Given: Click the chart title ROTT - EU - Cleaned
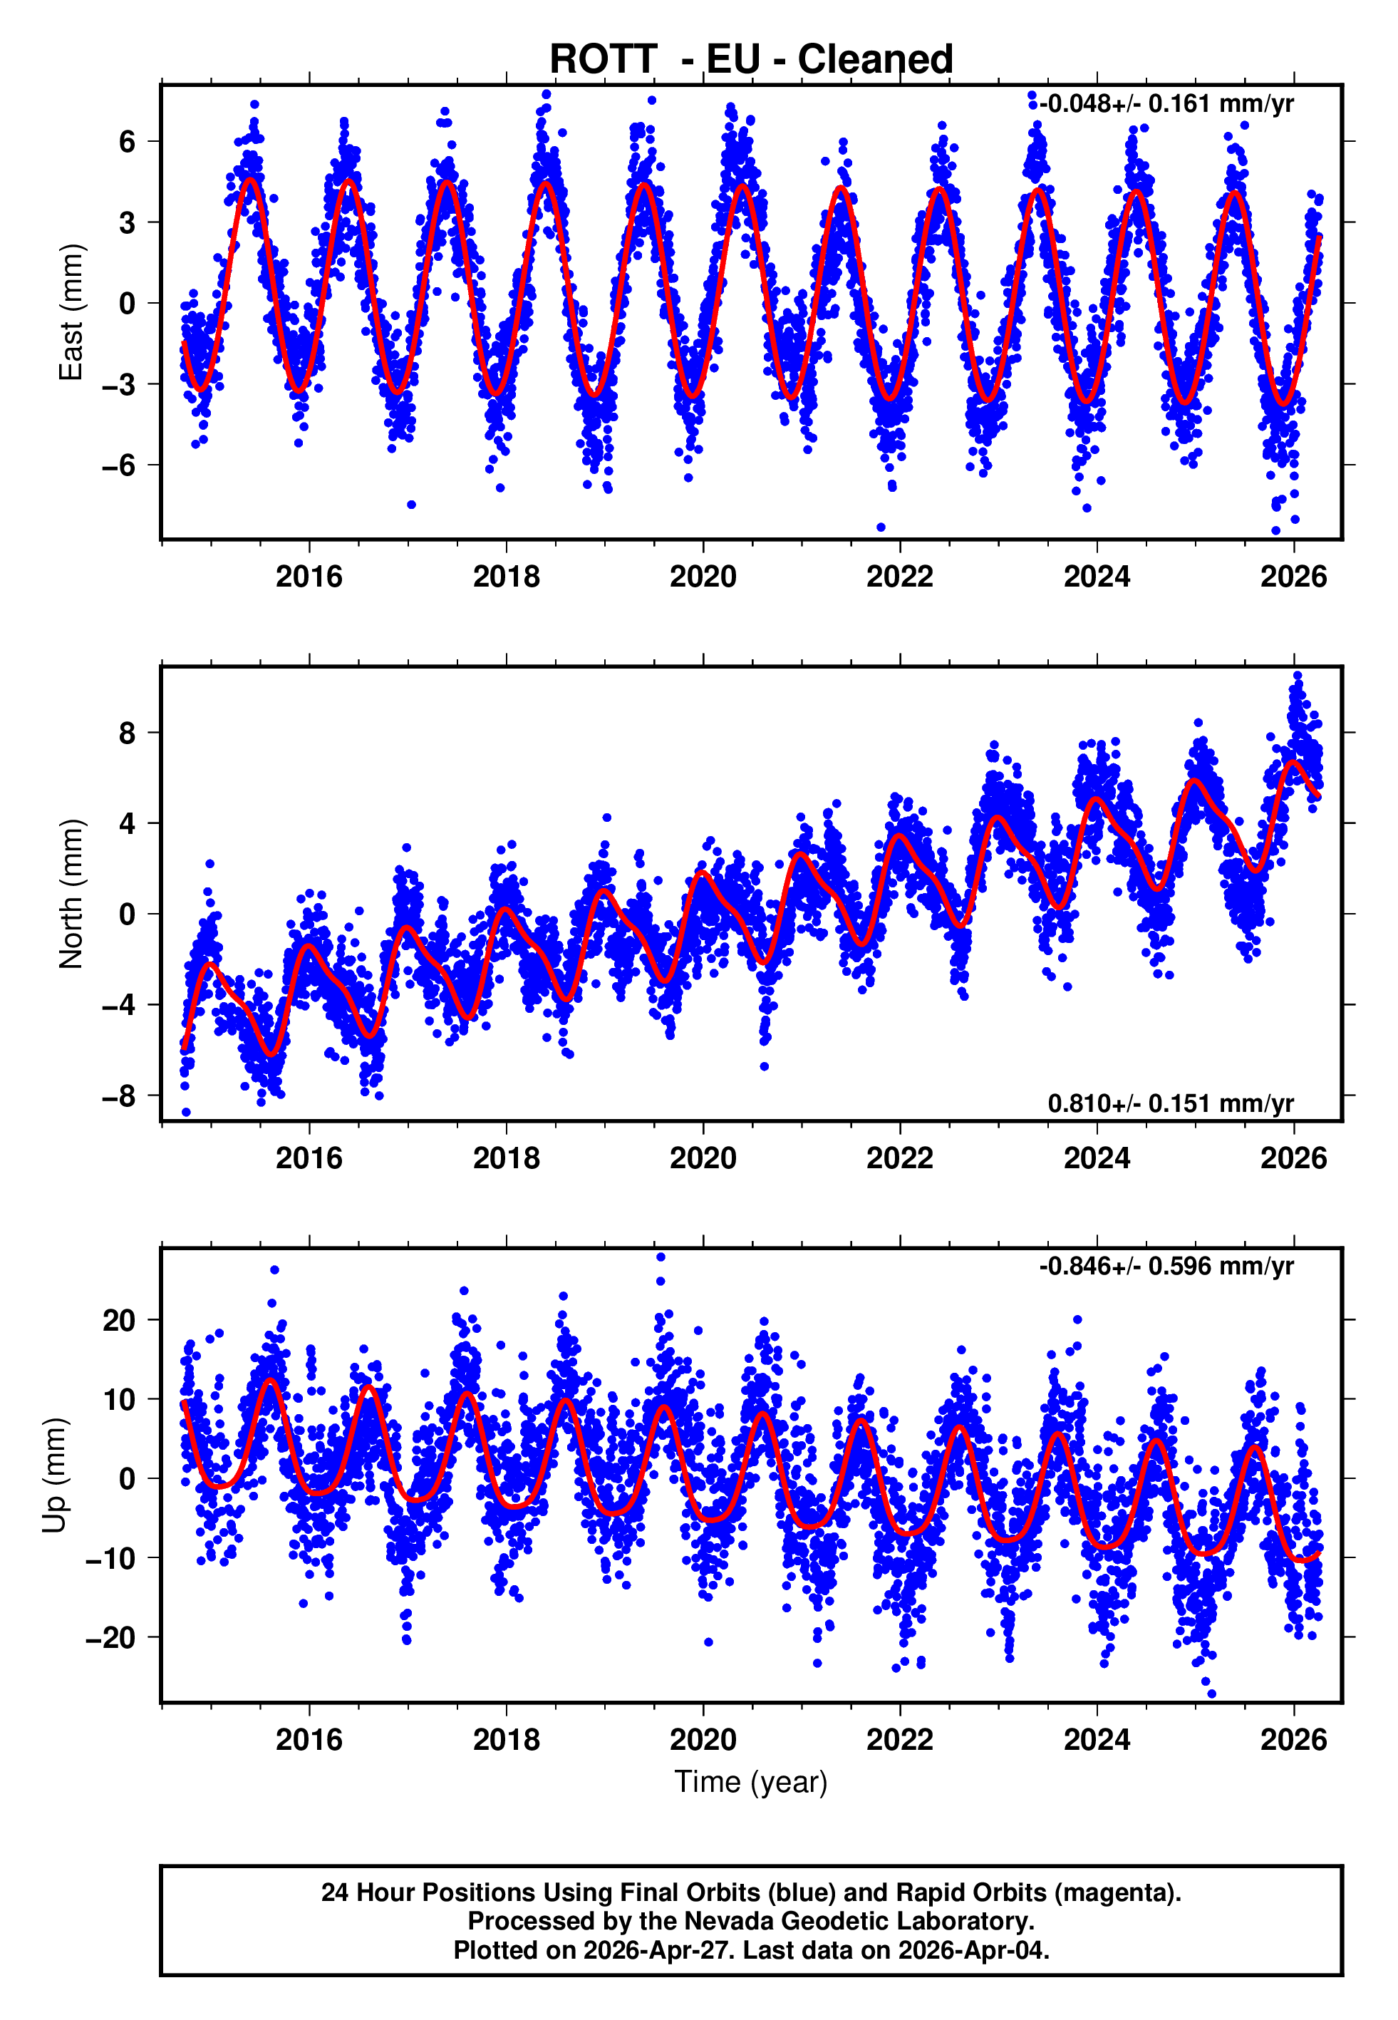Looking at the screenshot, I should (x=751, y=60).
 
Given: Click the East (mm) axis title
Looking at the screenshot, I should (x=70, y=312).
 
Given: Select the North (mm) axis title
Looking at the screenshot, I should (x=70, y=894).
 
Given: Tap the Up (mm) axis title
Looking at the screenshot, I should (x=54, y=1475).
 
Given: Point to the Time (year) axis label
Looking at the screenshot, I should (x=751, y=1782).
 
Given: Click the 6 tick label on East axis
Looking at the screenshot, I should (x=128, y=141).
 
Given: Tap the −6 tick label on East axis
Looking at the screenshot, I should (x=119, y=465).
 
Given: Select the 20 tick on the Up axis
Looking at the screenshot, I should (x=119, y=1320).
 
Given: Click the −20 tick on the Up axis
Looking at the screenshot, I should (x=110, y=1637).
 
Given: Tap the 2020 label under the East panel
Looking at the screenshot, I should (x=703, y=577).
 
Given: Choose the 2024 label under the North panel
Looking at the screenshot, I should (x=1097, y=1158).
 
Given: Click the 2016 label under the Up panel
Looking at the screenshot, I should (x=309, y=1740).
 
